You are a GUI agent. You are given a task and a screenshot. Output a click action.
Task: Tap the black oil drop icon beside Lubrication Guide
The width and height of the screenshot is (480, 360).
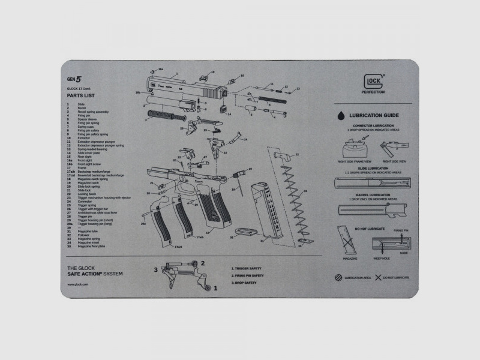coord(340,115)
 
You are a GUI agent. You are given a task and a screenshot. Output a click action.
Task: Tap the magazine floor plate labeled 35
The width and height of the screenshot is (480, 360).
coord(244,230)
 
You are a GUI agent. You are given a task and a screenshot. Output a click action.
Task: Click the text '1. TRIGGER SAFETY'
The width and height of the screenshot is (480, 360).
coord(247,268)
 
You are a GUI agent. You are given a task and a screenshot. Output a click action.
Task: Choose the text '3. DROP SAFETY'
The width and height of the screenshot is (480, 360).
coord(245,282)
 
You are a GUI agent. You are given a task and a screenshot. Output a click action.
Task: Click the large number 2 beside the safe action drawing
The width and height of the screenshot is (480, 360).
coord(202,263)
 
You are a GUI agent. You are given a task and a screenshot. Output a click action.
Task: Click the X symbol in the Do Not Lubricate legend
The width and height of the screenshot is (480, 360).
coord(378,278)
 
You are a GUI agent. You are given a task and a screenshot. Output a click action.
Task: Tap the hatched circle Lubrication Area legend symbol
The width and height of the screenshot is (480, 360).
coord(339,278)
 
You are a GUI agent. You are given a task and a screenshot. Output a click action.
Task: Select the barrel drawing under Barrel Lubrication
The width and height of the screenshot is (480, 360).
coord(372,210)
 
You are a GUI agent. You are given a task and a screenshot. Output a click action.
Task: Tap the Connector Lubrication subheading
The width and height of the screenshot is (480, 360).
coord(372,125)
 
